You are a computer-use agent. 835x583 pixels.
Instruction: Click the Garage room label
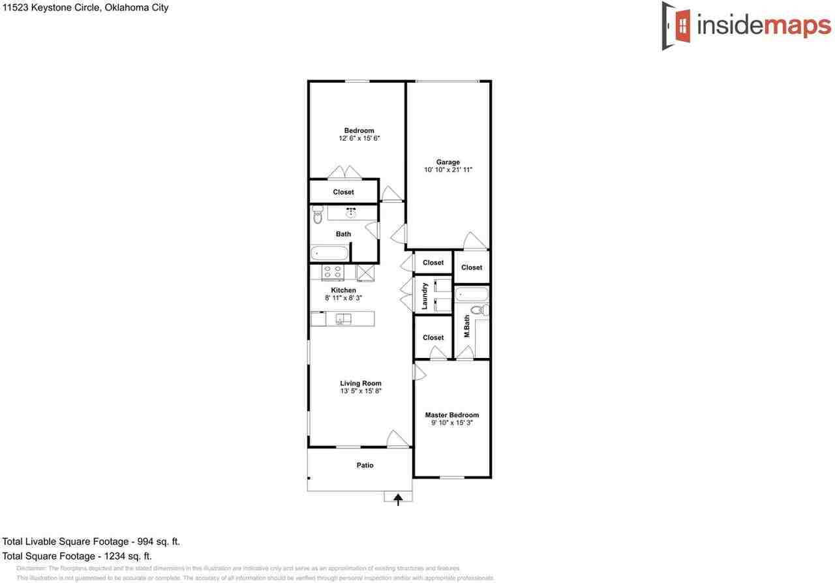click(x=448, y=162)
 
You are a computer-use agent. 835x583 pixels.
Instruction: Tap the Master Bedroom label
click(x=451, y=415)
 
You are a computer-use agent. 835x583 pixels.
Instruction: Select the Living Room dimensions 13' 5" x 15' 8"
click(x=360, y=391)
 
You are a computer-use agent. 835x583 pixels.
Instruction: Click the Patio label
click(x=365, y=465)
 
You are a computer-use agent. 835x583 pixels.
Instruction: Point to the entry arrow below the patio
click(x=398, y=498)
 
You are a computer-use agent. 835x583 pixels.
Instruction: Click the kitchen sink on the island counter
click(x=343, y=319)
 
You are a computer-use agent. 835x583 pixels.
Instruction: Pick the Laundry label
click(x=425, y=295)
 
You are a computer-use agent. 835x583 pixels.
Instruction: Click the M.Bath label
click(x=467, y=326)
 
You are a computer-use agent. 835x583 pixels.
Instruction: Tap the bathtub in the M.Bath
click(x=471, y=294)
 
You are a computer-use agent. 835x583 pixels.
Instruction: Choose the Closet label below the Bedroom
click(x=343, y=192)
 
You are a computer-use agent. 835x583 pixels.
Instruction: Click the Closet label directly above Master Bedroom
click(x=433, y=338)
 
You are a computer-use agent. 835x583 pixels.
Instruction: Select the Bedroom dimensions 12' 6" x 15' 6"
click(x=359, y=138)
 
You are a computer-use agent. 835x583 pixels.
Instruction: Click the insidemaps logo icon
click(x=678, y=25)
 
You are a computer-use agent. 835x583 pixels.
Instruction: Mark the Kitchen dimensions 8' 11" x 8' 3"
click(x=343, y=298)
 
